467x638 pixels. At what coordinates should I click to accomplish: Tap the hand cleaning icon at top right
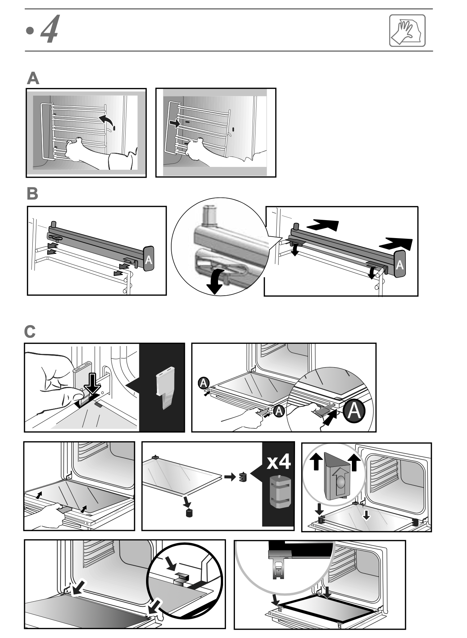tap(407, 31)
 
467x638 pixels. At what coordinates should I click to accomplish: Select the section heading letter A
tap(33, 79)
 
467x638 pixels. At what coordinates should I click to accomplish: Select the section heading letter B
tap(32, 194)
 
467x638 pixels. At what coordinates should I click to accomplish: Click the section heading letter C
tap(30, 332)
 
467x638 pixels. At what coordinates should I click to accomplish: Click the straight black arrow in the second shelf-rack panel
tap(174, 123)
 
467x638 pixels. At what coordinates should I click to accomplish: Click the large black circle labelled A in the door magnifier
tap(354, 411)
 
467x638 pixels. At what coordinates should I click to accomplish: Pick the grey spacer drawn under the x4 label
tap(278, 492)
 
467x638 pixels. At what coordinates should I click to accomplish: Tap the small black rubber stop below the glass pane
tap(188, 513)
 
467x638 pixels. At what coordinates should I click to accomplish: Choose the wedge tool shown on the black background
tap(165, 388)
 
